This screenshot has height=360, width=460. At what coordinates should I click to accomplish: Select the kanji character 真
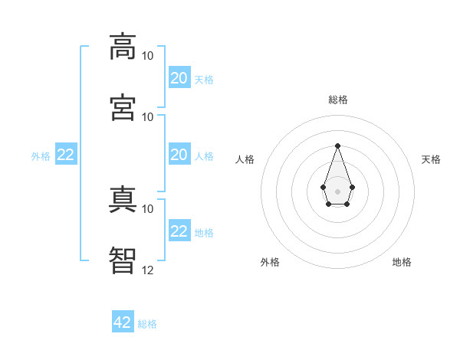tap(123, 199)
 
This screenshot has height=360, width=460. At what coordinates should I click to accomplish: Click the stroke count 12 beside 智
tap(148, 270)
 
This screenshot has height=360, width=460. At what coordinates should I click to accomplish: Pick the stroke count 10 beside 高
tap(148, 56)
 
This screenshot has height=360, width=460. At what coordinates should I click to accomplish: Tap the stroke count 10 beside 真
tap(148, 208)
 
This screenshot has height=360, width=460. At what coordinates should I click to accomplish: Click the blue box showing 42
tap(123, 322)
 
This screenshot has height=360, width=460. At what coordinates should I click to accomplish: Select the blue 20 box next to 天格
tap(179, 78)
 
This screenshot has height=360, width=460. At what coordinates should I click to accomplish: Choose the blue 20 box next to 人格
tap(179, 155)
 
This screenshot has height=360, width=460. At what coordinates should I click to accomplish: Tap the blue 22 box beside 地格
tap(179, 231)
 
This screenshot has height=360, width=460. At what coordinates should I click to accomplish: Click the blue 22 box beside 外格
tap(66, 155)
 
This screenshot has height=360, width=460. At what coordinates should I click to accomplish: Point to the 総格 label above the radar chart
tap(338, 100)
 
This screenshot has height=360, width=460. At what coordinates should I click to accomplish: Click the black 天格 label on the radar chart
tap(432, 159)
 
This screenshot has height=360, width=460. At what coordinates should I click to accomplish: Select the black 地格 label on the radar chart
tap(402, 262)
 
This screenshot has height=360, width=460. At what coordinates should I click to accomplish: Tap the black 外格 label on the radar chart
tap(270, 262)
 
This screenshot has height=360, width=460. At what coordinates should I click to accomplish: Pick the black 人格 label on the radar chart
tap(245, 159)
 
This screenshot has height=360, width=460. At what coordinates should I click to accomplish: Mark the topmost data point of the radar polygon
tap(337, 146)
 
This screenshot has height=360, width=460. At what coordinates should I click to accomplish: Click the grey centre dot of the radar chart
tap(337, 191)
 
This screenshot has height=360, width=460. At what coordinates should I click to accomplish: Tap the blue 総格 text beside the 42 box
tap(147, 324)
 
